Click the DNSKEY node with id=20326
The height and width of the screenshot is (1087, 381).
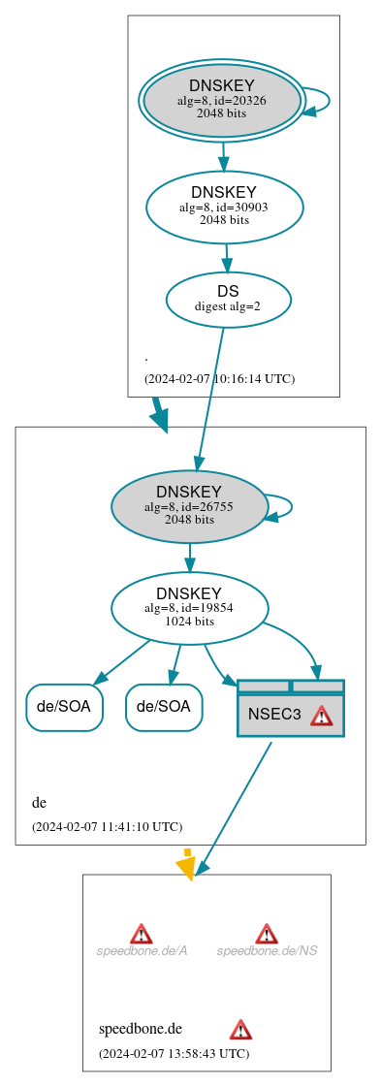coord(221,100)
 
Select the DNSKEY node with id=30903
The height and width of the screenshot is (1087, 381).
coord(224,207)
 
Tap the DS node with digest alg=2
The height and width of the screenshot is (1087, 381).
coord(228,298)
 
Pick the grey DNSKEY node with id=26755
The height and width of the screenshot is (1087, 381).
coord(189,506)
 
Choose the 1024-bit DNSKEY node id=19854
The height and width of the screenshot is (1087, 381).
coord(189,608)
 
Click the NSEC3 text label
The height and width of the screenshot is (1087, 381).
coord(274,715)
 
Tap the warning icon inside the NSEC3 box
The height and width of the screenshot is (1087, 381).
coord(321,716)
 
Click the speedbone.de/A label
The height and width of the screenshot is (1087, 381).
coord(142,950)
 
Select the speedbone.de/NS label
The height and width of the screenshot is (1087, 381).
coord(267,950)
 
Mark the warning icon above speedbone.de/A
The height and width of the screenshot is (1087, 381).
coord(142,933)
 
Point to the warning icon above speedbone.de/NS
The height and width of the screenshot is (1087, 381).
coord(267,933)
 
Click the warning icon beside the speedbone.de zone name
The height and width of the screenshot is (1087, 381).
coord(240,1029)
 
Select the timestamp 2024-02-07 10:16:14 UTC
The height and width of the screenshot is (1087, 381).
coord(219,378)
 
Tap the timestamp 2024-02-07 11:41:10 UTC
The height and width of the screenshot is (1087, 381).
coord(107,826)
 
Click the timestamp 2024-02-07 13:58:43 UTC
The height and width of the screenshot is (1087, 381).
coord(174,1052)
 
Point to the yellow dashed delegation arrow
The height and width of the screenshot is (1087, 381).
coord(187,863)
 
